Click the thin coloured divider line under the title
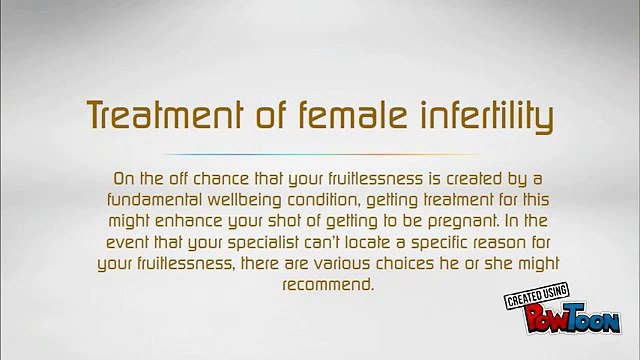click(321, 154)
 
